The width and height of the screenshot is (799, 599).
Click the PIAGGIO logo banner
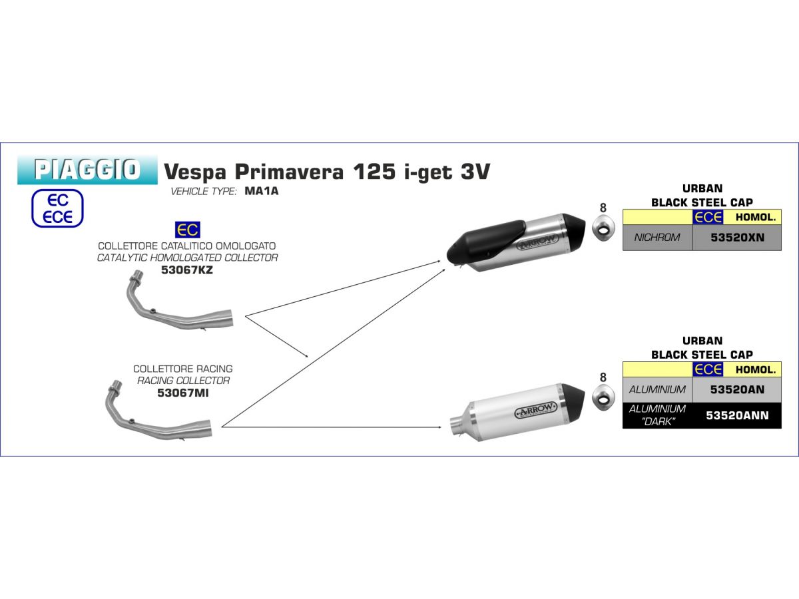click(87, 170)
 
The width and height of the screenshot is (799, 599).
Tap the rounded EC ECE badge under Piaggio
click(57, 208)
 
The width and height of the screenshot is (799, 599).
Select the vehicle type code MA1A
click(262, 191)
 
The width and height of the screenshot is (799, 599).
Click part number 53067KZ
click(186, 270)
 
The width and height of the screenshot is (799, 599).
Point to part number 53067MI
click(182, 393)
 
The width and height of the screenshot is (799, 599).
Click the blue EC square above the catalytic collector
click(188, 230)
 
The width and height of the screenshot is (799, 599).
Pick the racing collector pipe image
click(158, 411)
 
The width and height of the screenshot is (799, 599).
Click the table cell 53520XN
click(737, 238)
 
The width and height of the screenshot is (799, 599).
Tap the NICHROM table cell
click(657, 238)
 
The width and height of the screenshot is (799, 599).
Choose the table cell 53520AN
click(737, 389)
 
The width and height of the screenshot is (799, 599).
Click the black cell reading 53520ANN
click(737, 415)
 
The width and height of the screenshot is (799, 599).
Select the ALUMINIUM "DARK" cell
click(657, 415)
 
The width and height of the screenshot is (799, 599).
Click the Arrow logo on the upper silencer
click(537, 242)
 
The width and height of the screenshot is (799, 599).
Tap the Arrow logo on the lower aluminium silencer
click(535, 410)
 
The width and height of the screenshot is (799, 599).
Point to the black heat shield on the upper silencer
click(486, 238)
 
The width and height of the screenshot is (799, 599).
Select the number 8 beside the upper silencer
click(603, 208)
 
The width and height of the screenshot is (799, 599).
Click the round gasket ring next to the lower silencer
click(603, 397)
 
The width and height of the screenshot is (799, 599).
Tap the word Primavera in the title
click(290, 171)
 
